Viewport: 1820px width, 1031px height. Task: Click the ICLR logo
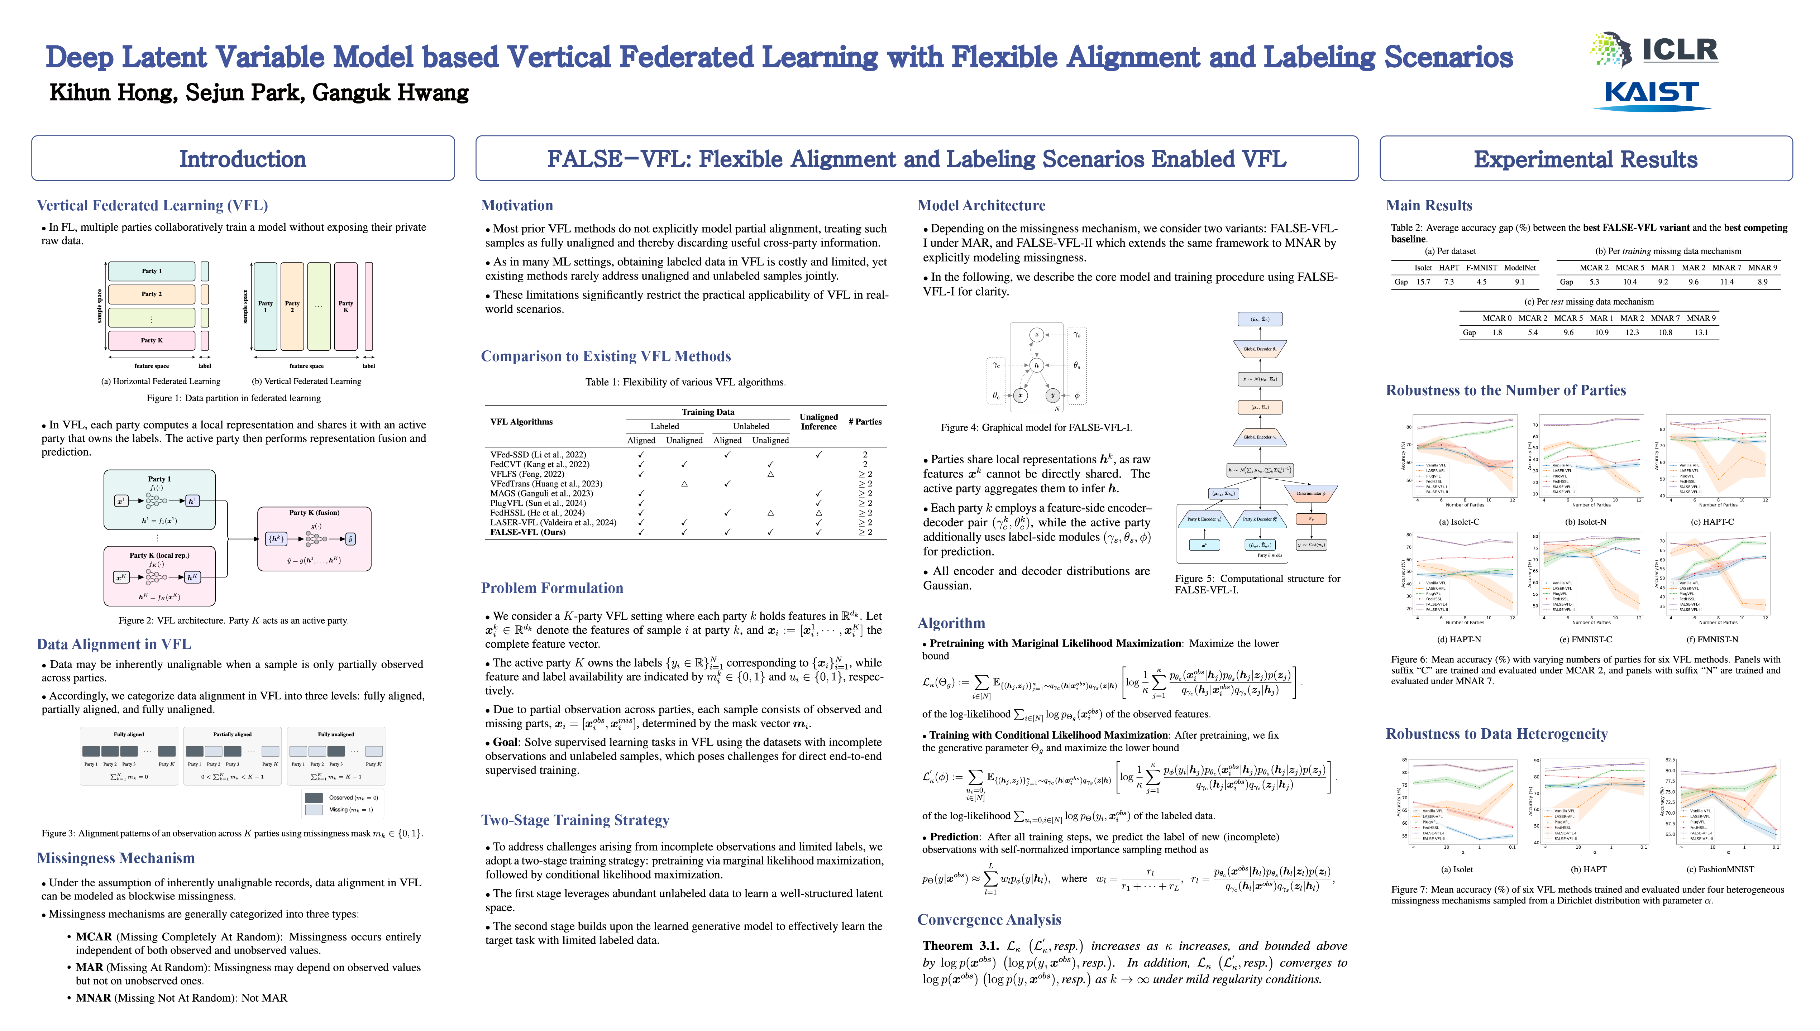(x=1654, y=49)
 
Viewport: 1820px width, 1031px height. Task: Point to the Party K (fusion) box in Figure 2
(x=314, y=538)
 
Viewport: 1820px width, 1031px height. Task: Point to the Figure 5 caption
(x=1257, y=584)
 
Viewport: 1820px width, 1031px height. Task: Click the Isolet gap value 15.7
(x=1423, y=282)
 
